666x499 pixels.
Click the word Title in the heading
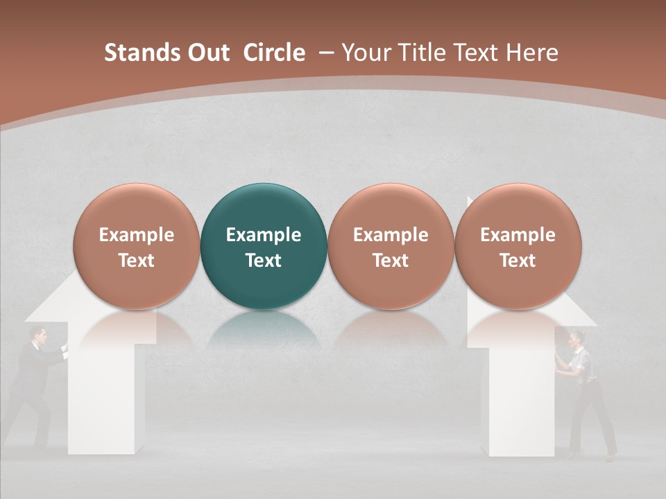(x=428, y=53)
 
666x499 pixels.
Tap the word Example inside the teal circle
(x=264, y=235)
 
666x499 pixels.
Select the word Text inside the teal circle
(x=264, y=261)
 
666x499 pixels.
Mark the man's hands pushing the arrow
(x=63, y=347)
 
